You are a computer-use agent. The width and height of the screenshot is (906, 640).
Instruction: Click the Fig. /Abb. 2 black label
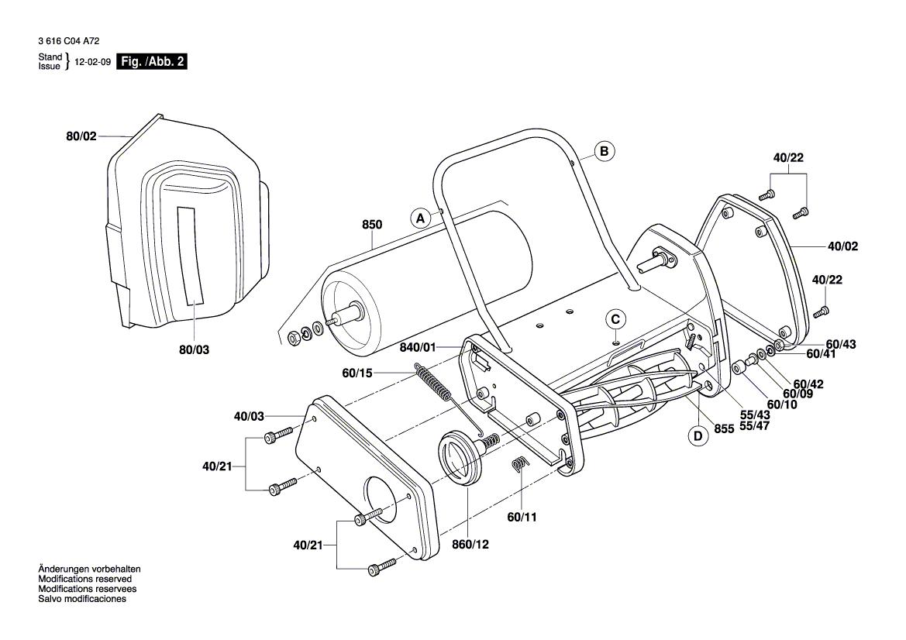(151, 62)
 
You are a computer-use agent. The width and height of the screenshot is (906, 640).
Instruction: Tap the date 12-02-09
(92, 63)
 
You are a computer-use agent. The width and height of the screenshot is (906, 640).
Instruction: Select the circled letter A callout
(420, 218)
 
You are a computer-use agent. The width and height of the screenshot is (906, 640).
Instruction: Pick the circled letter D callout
(698, 436)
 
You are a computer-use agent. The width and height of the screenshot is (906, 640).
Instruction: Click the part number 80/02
(81, 136)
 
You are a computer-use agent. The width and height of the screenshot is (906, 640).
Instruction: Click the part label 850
(372, 225)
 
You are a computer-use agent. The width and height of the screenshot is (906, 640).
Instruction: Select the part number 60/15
(357, 373)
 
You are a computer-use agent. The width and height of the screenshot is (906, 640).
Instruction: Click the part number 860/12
(470, 545)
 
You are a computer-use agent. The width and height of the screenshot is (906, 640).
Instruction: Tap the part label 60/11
(522, 517)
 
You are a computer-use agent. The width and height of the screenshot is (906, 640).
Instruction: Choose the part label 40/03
(250, 417)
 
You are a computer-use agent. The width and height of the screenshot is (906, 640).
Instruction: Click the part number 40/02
(843, 246)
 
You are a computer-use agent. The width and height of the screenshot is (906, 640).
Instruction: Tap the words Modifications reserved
(85, 579)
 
